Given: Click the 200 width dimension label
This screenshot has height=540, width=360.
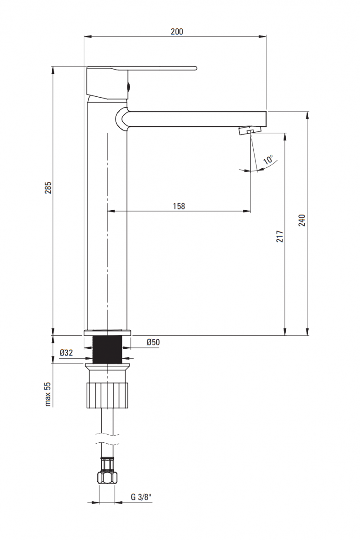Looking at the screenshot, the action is click(x=177, y=31).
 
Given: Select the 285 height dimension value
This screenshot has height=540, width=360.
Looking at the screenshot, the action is click(x=48, y=188).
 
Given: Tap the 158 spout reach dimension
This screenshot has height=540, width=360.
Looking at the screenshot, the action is click(x=179, y=206).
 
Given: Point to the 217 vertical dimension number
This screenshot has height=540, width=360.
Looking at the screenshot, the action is click(x=279, y=236).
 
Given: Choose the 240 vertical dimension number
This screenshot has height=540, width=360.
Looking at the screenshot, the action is click(x=301, y=220).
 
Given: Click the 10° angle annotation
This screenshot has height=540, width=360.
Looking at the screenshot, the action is click(x=268, y=160).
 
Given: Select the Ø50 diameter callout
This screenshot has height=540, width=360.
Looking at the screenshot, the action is click(x=153, y=342).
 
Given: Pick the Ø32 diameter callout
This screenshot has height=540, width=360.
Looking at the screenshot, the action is click(x=66, y=353).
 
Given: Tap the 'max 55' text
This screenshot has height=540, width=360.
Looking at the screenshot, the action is click(x=48, y=394).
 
